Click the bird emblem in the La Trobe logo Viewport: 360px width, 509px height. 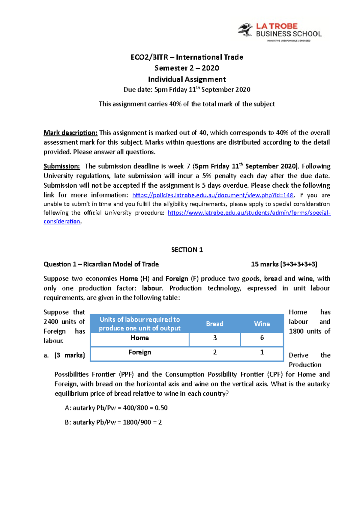coord(245,30)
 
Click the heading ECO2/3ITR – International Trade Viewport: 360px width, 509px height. coord(187,57)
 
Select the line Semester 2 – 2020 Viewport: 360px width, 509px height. coord(187,68)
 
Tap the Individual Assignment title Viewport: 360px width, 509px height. coord(187,79)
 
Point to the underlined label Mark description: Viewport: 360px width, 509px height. coord(70,133)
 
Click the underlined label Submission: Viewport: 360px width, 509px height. coord(62,166)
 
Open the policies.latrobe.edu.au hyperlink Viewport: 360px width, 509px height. coord(213,195)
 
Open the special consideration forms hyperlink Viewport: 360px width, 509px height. coord(249,213)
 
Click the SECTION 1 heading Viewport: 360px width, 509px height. coord(187,250)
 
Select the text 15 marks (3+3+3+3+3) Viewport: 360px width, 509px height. coord(284,264)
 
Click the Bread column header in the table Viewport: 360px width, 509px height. coord(214,324)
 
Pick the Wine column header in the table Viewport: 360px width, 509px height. coord(262,324)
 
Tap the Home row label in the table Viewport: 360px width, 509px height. coord(139,338)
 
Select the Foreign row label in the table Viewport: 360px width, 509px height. coord(139,353)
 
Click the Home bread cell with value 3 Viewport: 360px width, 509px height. coord(215,338)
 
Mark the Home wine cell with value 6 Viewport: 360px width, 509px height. coord(262,338)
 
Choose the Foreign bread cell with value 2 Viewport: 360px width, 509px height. coord(215,353)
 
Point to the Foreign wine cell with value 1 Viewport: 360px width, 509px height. coord(262,353)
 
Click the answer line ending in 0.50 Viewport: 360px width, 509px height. coord(116,408)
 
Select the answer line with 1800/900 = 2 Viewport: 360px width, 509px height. coord(113,422)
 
